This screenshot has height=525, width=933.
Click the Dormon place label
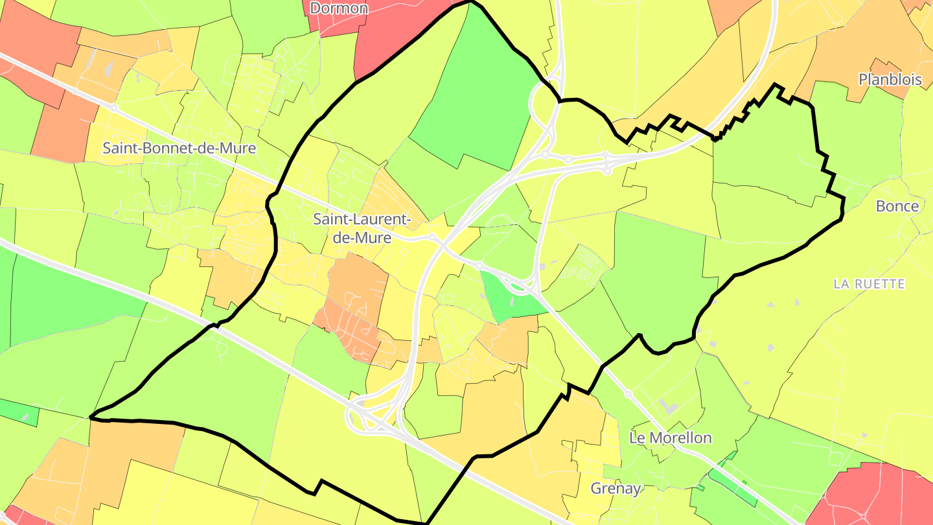tap(339, 8)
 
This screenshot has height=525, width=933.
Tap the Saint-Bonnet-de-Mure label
tap(179, 148)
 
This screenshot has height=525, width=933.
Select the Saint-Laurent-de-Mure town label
tap(362, 228)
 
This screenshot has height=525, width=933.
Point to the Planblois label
tap(890, 80)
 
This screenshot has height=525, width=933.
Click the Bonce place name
tap(897, 206)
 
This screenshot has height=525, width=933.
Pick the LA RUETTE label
tap(869, 284)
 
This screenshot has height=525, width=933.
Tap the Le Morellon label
tap(670, 438)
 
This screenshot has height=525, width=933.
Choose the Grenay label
tap(616, 488)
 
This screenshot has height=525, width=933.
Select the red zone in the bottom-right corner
tap(881, 496)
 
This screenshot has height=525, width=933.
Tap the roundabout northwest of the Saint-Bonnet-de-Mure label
tap(114, 108)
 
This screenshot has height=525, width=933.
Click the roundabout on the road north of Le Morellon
tap(628, 393)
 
